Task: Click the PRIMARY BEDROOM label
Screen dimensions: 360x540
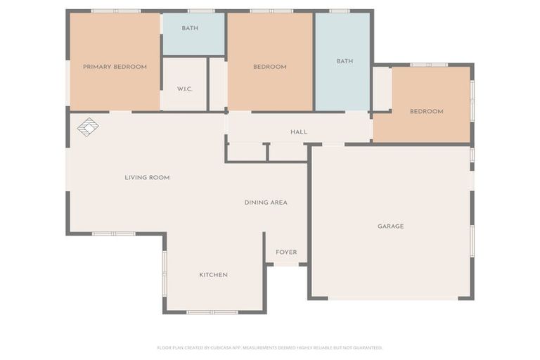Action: (115, 67)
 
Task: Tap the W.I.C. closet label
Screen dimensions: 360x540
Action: (185, 89)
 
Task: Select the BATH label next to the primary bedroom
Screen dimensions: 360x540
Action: (190, 28)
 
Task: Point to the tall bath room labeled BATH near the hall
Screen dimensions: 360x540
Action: (345, 61)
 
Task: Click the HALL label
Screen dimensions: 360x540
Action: (299, 132)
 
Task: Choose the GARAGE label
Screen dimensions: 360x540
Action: (390, 226)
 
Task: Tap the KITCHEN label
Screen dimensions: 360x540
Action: (213, 275)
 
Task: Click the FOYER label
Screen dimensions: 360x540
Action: (286, 252)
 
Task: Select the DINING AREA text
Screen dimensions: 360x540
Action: (266, 202)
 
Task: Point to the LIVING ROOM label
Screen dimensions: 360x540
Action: (147, 178)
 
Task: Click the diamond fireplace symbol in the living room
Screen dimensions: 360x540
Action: (88, 127)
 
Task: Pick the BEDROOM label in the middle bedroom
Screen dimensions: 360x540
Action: (270, 67)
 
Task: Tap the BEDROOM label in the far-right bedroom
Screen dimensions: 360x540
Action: (427, 111)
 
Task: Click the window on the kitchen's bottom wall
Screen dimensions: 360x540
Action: (212, 311)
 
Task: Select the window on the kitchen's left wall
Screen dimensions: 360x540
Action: (165, 274)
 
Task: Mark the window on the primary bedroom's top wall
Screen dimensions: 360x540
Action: (116, 11)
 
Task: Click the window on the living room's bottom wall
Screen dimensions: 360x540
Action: (114, 233)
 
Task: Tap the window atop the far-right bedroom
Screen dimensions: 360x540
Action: (429, 65)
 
